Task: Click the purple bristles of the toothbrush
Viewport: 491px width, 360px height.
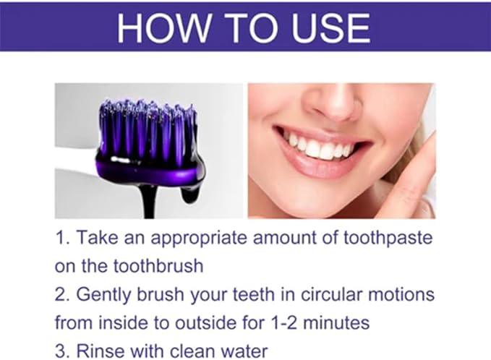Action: pyautogui.click(x=148, y=131)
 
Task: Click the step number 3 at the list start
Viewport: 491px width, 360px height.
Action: pyautogui.click(x=60, y=351)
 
